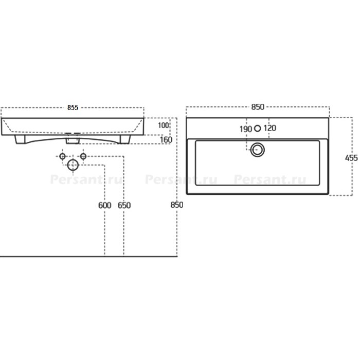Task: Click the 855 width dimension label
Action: point(73,107)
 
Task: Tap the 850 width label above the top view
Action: point(258,107)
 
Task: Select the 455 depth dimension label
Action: point(351,158)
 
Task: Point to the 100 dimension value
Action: point(163,125)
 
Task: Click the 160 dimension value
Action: point(166,139)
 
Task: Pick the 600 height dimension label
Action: point(105,205)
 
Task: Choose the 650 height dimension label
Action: point(124,205)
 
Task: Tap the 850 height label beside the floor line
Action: point(177,205)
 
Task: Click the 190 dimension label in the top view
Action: point(246,129)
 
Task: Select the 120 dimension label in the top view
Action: point(270,128)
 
